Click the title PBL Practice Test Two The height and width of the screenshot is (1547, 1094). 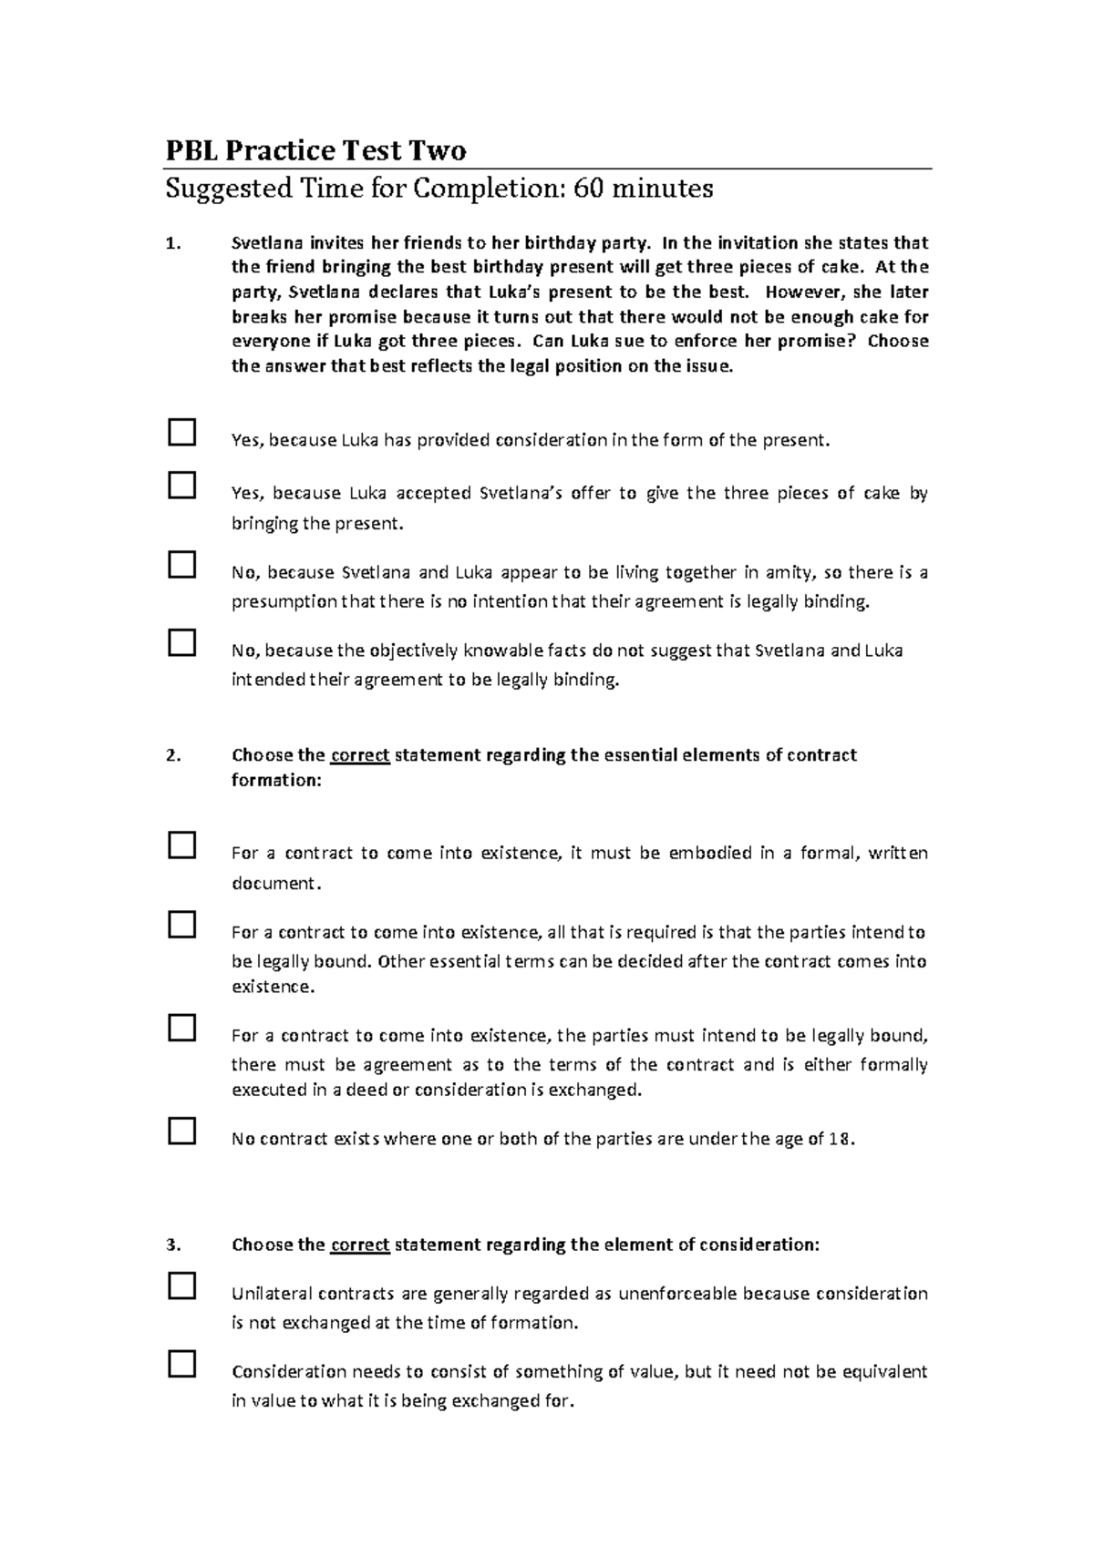click(315, 150)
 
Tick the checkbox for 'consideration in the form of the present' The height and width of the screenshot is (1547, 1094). click(182, 432)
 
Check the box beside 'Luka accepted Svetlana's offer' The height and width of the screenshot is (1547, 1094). click(182, 485)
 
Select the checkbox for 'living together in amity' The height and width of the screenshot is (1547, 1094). click(182, 564)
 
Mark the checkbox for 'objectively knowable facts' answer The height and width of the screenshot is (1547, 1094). click(182, 642)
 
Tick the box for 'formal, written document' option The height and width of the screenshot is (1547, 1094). click(182, 845)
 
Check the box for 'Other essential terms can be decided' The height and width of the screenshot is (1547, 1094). click(182, 924)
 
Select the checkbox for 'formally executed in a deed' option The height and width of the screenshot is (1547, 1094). click(182, 1028)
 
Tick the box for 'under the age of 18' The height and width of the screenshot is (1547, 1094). click(182, 1131)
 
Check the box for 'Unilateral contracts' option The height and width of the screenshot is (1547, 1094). click(182, 1286)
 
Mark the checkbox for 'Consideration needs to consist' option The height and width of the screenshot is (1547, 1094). click(182, 1364)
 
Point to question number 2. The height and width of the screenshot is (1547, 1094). click(173, 755)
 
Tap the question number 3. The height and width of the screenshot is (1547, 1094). click(173, 1245)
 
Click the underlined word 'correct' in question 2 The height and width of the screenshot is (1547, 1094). click(360, 755)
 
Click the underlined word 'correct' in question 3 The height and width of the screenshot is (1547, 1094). click(360, 1245)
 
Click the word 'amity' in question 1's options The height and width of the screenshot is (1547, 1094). click(792, 573)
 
